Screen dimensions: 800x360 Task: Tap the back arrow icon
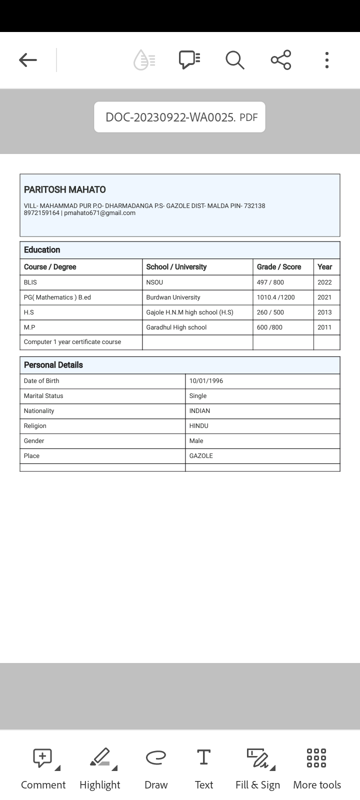pyautogui.click(x=28, y=60)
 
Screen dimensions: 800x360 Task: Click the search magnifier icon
pyautogui.click(x=234, y=60)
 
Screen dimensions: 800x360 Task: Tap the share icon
pyautogui.click(x=281, y=60)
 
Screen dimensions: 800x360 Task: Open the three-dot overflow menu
pyautogui.click(x=326, y=60)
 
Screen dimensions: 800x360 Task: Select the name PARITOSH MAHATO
pyautogui.click(x=65, y=189)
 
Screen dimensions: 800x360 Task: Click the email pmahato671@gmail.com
pyautogui.click(x=100, y=213)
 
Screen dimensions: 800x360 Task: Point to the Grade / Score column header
pyautogui.click(x=279, y=267)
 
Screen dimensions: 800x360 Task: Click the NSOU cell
pyautogui.click(x=154, y=282)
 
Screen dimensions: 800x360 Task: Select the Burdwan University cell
pyautogui.click(x=173, y=297)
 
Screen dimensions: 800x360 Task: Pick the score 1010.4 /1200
pyautogui.click(x=275, y=297)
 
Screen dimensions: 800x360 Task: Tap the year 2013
pyautogui.click(x=324, y=312)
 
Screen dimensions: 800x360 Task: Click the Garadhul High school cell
pyautogui.click(x=176, y=327)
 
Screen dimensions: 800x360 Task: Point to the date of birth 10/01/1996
pyautogui.click(x=206, y=381)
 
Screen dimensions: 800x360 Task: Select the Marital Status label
pyautogui.click(x=43, y=396)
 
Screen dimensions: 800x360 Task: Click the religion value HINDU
pyautogui.click(x=198, y=426)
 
